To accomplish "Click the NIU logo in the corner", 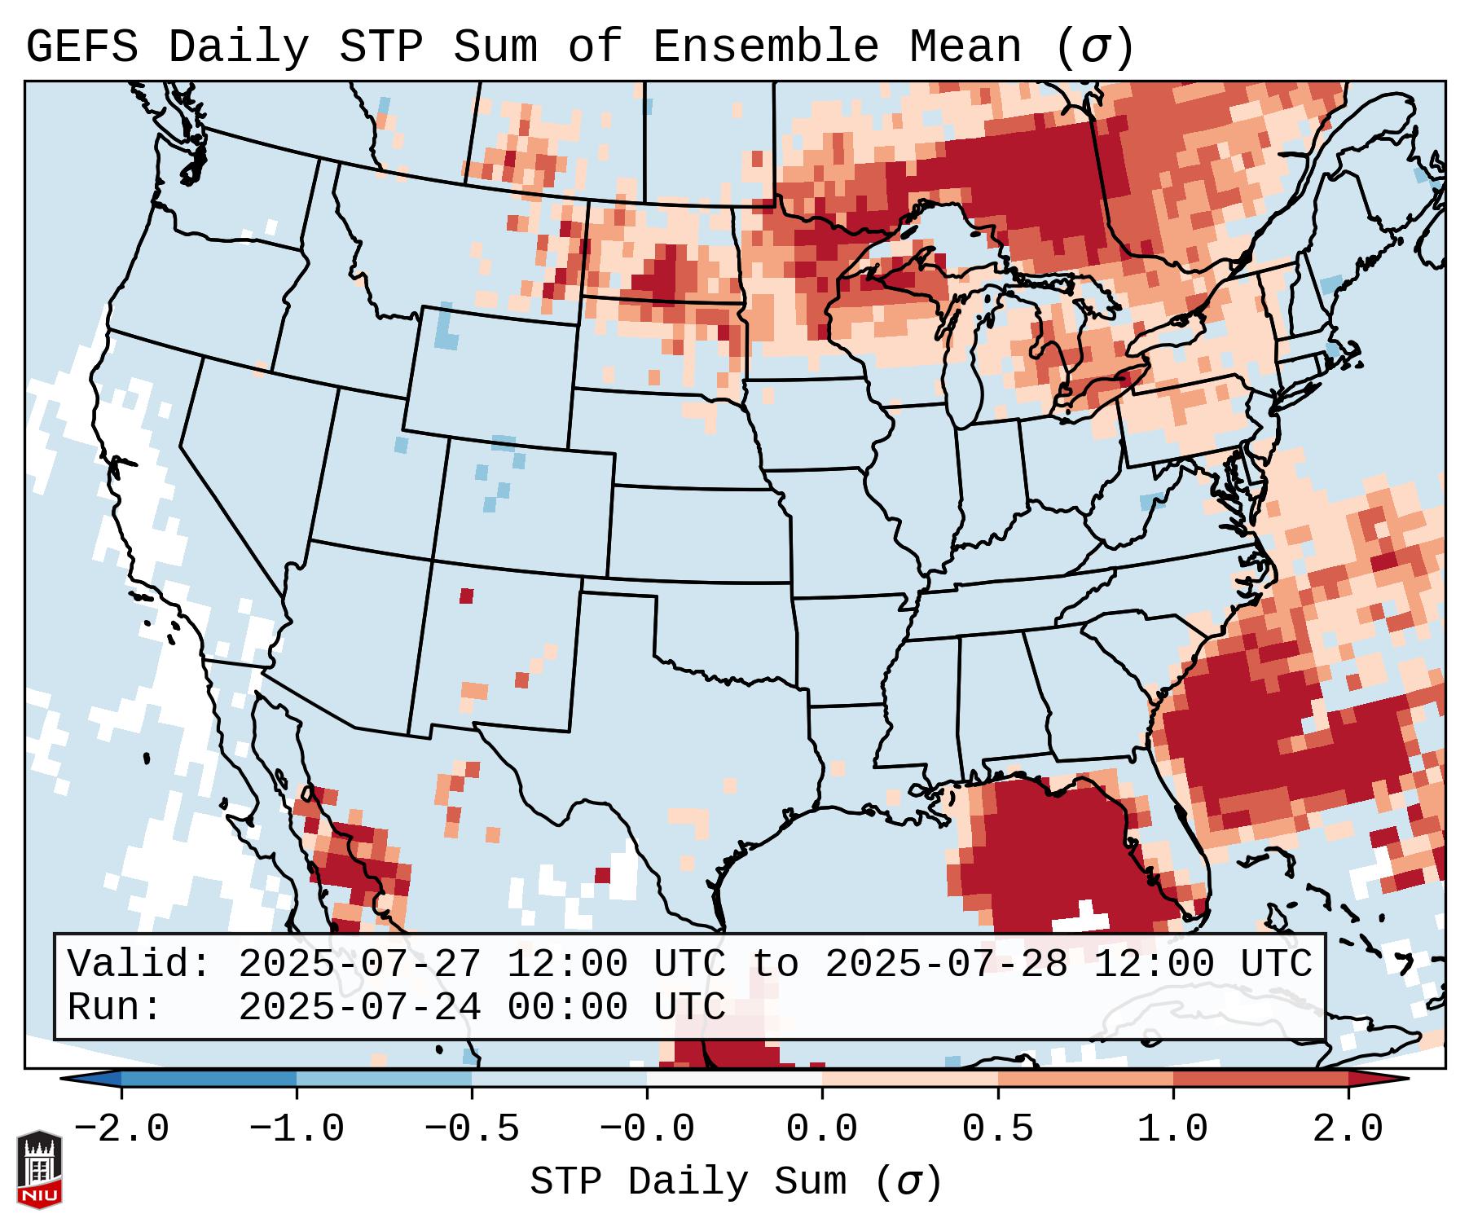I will pyautogui.click(x=39, y=1169).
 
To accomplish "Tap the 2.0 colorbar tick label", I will pyautogui.click(x=1348, y=1129).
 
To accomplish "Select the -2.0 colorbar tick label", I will pyautogui.click(x=121, y=1129).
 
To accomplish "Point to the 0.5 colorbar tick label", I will pyautogui.click(x=997, y=1129).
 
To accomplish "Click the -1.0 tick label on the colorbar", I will pyautogui.click(x=297, y=1129).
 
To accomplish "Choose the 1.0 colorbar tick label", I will pyautogui.click(x=1172, y=1129).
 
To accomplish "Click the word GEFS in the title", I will pyautogui.click(x=82, y=47).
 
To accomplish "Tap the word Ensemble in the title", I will pyautogui.click(x=766, y=47).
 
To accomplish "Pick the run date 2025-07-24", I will pyautogui.click(x=359, y=1007).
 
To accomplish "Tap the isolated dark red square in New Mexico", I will pyautogui.click(x=466, y=596).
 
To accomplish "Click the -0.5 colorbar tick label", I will pyautogui.click(x=472, y=1129).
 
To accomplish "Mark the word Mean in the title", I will pyautogui.click(x=965, y=47).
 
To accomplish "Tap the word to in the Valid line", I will pyautogui.click(x=775, y=964).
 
